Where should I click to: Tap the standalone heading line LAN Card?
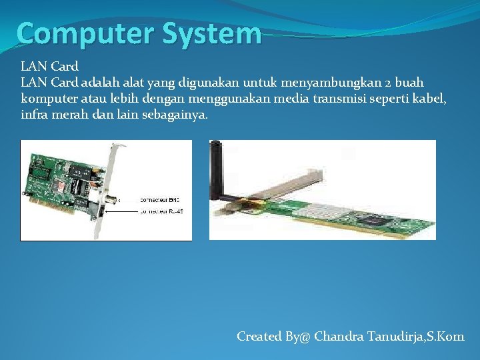(49, 66)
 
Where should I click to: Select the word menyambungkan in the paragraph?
(330, 82)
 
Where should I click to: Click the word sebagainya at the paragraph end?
(175, 114)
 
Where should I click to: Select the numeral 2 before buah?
(387, 82)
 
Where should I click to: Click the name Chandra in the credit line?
(339, 336)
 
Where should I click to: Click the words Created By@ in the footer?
(273, 336)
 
